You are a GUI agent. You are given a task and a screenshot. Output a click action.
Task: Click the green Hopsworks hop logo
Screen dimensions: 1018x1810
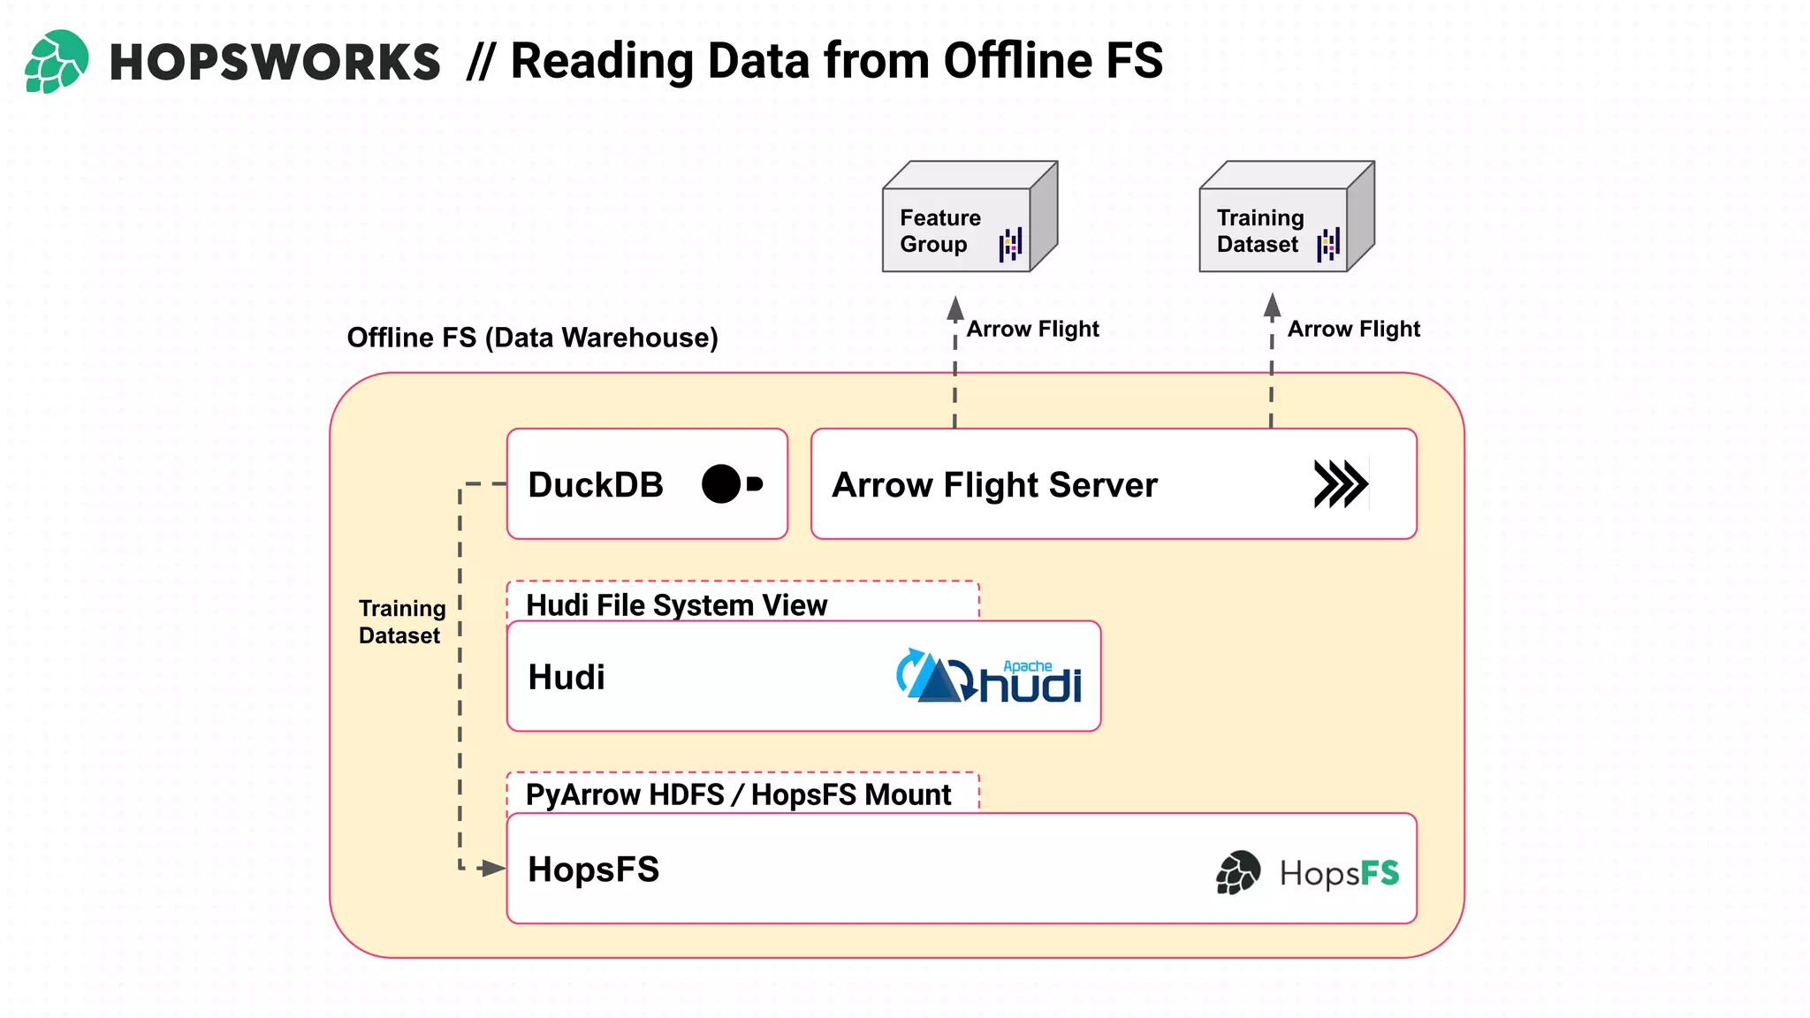56,61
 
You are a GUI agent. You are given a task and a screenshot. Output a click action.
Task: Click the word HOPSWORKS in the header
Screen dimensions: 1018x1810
274,63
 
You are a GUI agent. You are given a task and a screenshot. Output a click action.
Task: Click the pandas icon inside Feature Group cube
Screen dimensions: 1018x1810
1011,245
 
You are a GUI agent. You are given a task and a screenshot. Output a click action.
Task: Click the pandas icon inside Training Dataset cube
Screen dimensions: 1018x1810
1328,245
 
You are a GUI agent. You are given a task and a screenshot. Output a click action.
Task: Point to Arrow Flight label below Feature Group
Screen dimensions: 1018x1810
1032,329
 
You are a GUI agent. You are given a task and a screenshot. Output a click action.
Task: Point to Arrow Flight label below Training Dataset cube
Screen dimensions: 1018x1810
1353,329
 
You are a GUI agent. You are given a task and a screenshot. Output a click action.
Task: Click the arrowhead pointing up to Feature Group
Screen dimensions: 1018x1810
955,308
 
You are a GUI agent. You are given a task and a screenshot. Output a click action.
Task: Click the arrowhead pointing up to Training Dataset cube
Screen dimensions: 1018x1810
1272,306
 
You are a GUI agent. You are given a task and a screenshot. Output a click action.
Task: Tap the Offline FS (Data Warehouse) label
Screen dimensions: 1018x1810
532,338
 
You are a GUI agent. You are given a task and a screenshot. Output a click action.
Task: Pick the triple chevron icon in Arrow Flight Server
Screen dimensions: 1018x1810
1340,484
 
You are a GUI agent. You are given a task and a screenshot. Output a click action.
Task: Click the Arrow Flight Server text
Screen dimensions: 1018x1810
994,485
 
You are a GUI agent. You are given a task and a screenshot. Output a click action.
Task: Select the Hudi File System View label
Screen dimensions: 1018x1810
676,604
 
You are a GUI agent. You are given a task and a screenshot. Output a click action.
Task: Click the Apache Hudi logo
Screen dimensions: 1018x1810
988,677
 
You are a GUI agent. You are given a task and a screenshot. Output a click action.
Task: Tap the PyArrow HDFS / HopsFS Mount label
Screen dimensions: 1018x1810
738,794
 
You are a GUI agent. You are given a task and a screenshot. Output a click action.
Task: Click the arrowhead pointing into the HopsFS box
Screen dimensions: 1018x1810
492,869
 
